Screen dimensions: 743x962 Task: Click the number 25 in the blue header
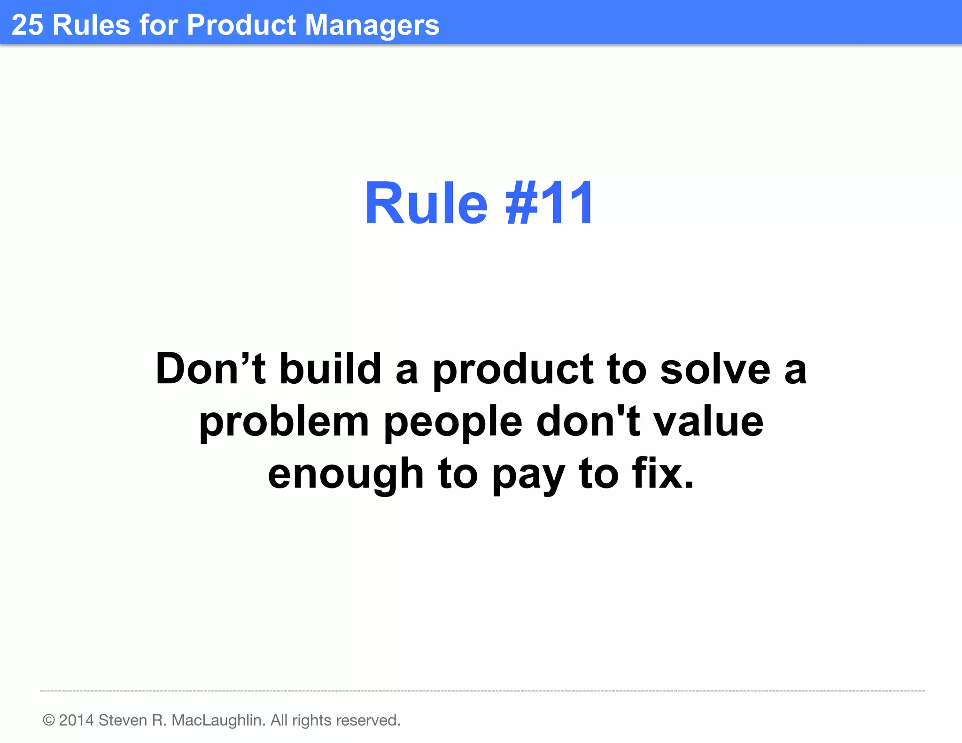coord(27,25)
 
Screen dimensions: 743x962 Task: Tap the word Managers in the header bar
coord(372,25)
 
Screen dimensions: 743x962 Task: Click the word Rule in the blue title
coord(426,204)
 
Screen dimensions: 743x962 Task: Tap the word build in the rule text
coord(330,369)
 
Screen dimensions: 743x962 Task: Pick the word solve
coord(715,369)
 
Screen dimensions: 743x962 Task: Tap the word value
coord(709,421)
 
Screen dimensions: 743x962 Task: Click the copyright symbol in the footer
coord(49,720)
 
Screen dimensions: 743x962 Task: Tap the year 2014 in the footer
coord(77,720)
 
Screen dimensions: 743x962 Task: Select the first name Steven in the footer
coord(122,720)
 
